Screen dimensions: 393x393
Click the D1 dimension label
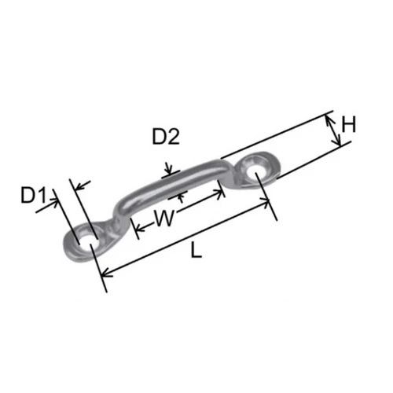click(x=33, y=194)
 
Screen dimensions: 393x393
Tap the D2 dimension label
click(x=166, y=137)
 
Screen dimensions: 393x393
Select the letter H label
click(x=349, y=124)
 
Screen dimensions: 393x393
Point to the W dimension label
click(x=165, y=218)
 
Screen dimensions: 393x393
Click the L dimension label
click(x=196, y=250)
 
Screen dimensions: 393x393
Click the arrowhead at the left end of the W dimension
click(x=139, y=230)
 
